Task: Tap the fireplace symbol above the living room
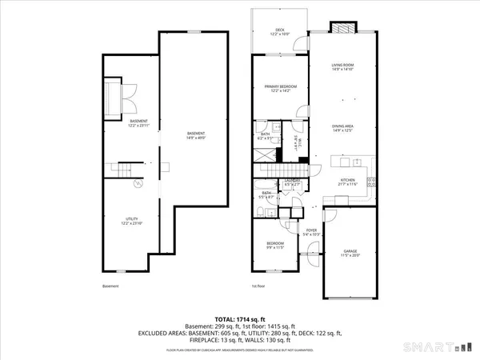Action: pyautogui.click(x=342, y=26)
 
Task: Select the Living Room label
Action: pyautogui.click(x=342, y=67)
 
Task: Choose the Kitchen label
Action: pyautogui.click(x=347, y=182)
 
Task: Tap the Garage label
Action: pyautogui.click(x=350, y=252)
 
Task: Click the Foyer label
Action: pyautogui.click(x=311, y=232)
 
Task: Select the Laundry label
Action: pyautogui.click(x=293, y=182)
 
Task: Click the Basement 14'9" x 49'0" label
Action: pyautogui.click(x=196, y=135)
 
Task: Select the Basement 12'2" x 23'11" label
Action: pyautogui.click(x=138, y=123)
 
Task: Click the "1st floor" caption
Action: pyautogui.click(x=257, y=286)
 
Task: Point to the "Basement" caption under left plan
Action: pyautogui.click(x=110, y=286)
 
